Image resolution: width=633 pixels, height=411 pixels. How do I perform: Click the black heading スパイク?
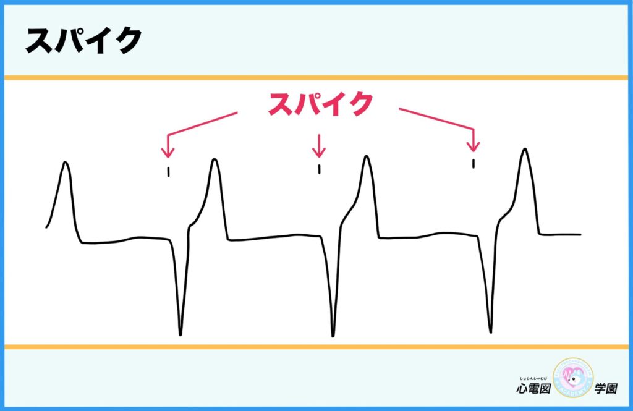coord(83,41)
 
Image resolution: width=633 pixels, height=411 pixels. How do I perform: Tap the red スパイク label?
coord(320,104)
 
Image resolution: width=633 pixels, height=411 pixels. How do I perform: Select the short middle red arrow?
coord(318,146)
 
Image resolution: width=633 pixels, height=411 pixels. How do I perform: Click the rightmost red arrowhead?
coord(473,146)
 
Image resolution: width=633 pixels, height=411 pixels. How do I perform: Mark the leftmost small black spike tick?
coord(168,172)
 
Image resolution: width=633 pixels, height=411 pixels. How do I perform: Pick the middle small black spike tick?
coord(319,169)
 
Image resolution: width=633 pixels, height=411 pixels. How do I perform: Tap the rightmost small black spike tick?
coord(473,163)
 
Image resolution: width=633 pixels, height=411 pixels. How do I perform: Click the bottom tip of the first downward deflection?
coord(181,334)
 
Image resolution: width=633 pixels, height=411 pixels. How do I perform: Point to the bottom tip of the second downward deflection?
coord(333,336)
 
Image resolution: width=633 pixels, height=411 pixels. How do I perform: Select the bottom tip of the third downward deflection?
coord(491,329)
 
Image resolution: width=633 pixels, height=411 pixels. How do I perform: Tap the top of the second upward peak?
coord(215,159)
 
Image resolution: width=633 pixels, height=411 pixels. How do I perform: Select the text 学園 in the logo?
coord(608,389)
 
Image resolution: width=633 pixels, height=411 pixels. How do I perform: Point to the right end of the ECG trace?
coord(580,235)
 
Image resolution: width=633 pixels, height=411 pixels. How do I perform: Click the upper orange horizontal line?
coord(316,78)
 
